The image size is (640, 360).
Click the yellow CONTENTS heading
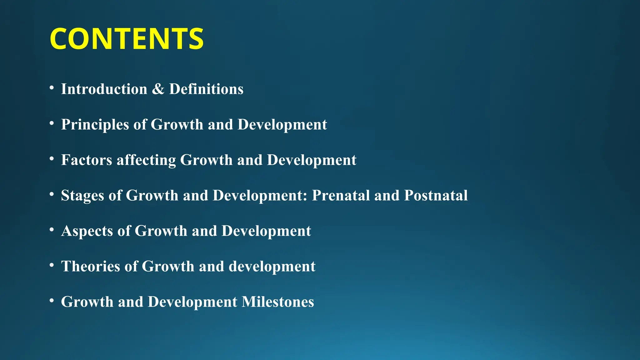127,39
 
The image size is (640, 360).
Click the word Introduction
104,89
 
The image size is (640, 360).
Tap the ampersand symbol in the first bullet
158,89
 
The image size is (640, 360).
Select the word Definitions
206,89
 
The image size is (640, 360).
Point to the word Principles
95,125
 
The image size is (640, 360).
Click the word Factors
87,160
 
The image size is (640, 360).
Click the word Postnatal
436,196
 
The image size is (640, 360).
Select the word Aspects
87,231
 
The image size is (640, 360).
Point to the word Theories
91,267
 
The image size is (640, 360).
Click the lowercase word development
272,267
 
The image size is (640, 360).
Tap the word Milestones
278,302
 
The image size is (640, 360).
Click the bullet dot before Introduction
52,88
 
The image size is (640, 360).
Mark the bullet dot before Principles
52,123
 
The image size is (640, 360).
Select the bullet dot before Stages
52,194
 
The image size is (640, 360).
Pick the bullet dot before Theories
52,265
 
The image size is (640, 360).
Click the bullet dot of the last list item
52,301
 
